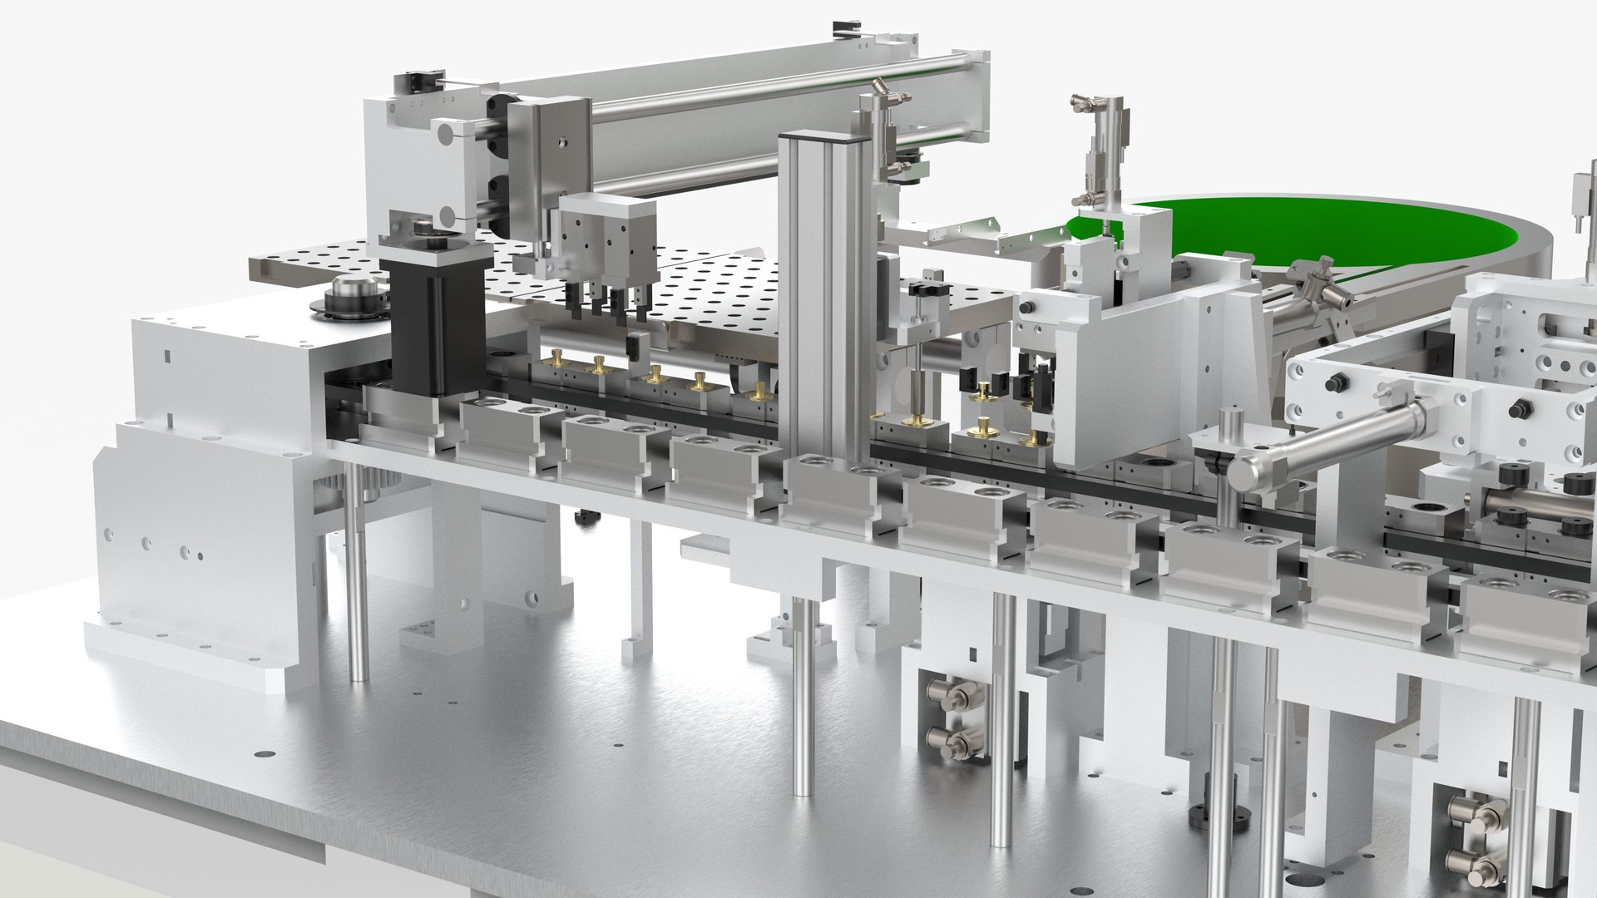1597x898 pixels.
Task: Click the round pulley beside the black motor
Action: [349, 295]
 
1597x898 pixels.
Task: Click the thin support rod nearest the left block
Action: [358, 574]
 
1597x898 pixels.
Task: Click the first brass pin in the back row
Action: [551, 359]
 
